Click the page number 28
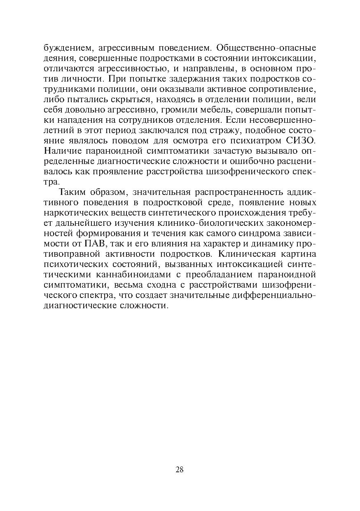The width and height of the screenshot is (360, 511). point(180,469)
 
